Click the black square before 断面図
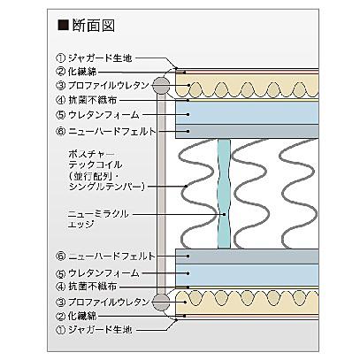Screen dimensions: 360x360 (63, 26)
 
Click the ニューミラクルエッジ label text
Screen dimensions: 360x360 (98, 219)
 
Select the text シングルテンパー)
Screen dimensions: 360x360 (107, 187)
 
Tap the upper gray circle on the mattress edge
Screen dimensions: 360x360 (161, 85)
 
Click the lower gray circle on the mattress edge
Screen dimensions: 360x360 (161, 302)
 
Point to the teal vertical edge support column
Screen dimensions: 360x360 (224, 194)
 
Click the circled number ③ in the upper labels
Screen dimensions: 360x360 (61, 86)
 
